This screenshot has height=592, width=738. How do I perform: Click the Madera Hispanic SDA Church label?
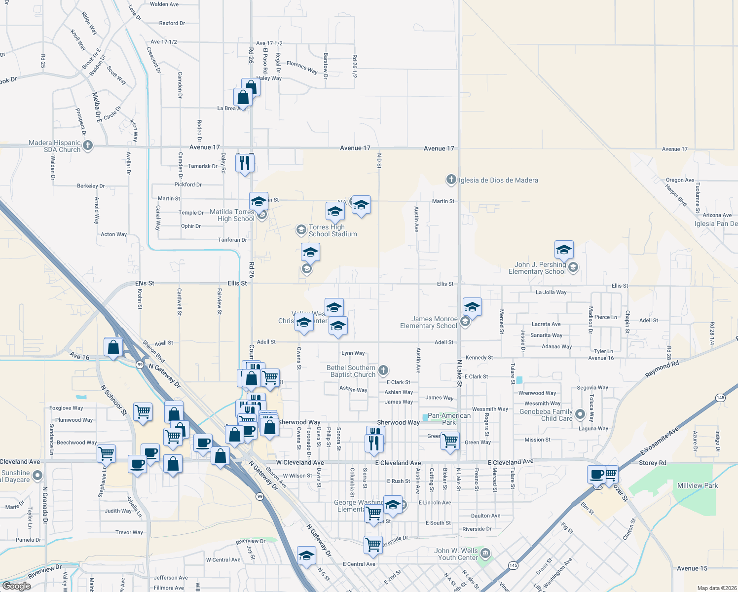click(x=55, y=146)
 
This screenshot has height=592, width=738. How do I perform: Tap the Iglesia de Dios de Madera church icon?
click(x=451, y=180)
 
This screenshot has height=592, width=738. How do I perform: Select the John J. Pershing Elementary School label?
click(x=537, y=268)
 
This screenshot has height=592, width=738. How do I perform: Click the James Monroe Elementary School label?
click(x=429, y=322)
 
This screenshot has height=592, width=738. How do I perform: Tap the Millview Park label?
click(x=698, y=485)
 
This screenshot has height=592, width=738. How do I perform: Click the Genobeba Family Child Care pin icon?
click(x=580, y=414)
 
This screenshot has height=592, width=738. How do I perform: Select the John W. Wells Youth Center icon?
click(x=485, y=552)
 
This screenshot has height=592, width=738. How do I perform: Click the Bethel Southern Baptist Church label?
click(x=351, y=371)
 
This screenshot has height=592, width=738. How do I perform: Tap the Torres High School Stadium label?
click(x=332, y=230)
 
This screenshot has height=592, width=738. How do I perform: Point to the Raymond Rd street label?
click(x=662, y=370)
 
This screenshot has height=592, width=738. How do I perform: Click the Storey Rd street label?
click(x=652, y=463)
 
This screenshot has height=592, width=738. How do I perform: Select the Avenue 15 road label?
click(x=692, y=568)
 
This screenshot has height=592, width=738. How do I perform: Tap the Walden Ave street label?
click(x=164, y=4)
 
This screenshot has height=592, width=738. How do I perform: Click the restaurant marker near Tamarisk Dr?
click(x=245, y=163)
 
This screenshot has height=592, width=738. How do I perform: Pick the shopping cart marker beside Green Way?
click(x=450, y=440)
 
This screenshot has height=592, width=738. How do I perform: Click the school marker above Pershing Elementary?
click(x=564, y=250)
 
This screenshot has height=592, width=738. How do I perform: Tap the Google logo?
click(x=16, y=586)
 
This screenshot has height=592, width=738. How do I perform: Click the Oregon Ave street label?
click(x=680, y=180)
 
